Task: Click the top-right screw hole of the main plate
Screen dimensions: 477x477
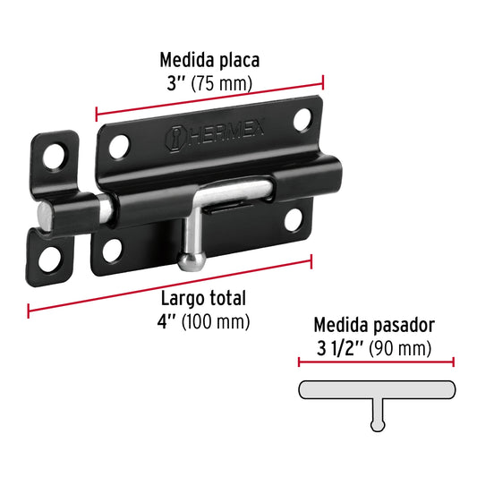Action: pyautogui.click(x=302, y=118)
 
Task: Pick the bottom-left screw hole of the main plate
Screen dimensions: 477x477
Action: pyautogui.click(x=112, y=251)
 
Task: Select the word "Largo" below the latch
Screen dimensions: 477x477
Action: pyautogui.click(x=181, y=299)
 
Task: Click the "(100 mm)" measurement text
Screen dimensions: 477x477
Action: pyautogui.click(x=215, y=320)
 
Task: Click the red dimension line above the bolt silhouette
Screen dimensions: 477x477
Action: pyautogui.click(x=376, y=362)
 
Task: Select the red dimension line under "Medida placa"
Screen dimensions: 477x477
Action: pyautogui.click(x=209, y=99)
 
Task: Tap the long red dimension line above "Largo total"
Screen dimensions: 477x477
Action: pyautogui.click(x=170, y=285)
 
